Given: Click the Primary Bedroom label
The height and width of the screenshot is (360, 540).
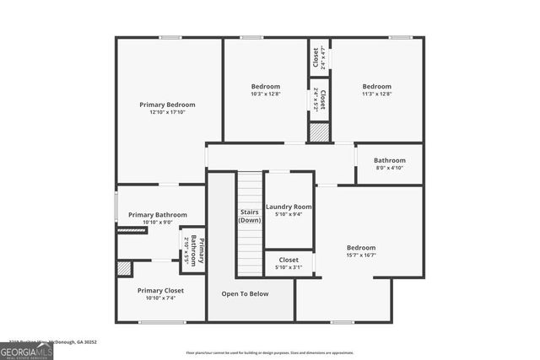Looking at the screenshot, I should click(167, 105).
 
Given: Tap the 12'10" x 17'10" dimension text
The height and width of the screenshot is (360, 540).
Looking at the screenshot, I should click(167, 112).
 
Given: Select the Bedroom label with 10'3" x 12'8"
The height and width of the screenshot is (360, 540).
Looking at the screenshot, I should click(266, 86).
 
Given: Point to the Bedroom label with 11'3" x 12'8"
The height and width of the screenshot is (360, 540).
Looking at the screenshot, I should click(377, 86).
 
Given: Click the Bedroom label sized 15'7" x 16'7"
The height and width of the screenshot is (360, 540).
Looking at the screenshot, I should click(361, 247).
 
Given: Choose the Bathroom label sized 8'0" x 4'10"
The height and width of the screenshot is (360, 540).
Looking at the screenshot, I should click(390, 160).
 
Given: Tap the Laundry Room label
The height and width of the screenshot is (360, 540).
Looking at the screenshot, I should click(289, 207).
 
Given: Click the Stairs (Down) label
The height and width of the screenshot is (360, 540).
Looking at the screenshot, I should click(249, 216).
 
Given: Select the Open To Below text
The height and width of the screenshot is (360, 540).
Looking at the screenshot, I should click(245, 293).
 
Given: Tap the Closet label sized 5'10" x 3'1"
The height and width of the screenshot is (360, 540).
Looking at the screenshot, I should click(289, 260).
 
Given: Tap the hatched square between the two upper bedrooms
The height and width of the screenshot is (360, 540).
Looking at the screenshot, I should click(319, 132).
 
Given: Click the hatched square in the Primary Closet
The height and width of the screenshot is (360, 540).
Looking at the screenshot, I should click(124, 269).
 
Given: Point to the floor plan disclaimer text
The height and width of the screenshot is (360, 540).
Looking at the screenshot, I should click(269, 352).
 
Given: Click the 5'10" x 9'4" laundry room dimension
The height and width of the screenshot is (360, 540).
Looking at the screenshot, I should click(289, 214).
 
